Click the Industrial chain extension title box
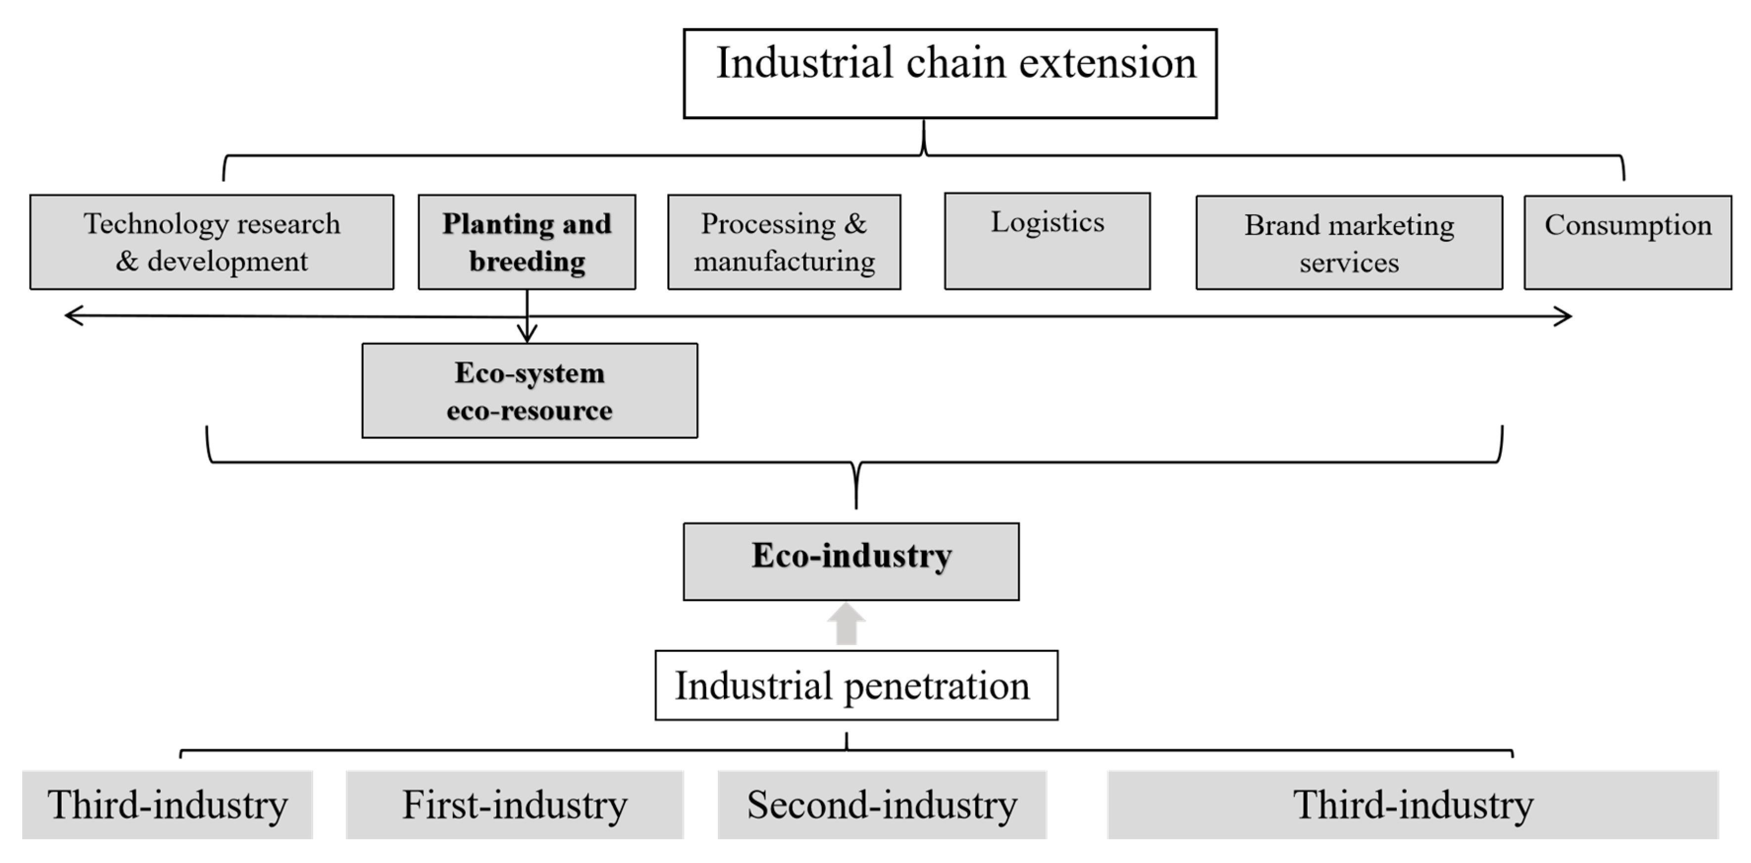pos(949,73)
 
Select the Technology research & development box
pos(211,242)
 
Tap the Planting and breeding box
pos(527,242)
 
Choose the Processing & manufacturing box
pos(784,242)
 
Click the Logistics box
pos(1047,241)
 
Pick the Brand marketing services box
pos(1349,243)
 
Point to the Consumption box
pos(1627,243)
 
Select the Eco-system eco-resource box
pos(529,390)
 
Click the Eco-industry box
pos(851,561)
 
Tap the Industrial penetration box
pos(856,685)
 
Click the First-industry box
pos(514,805)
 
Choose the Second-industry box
pos(882,805)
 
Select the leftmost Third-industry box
pos(167,805)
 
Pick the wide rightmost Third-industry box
pos(1413,805)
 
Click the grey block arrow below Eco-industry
pos(846,624)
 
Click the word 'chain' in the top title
pos(956,63)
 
